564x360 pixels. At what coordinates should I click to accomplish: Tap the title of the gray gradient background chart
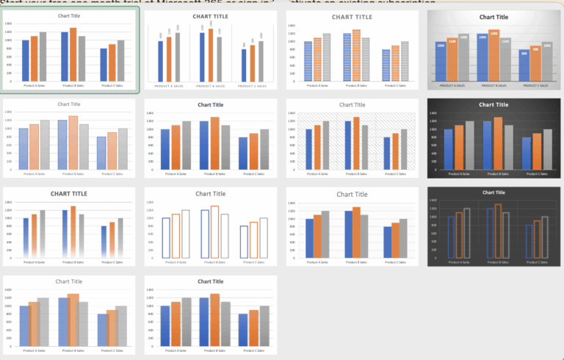492,16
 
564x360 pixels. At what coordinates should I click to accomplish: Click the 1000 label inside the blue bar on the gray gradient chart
441,46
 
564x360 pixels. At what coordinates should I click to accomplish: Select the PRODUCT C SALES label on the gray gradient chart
535,85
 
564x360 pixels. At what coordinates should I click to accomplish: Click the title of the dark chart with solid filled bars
492,105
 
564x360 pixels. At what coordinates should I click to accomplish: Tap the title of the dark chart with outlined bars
492,192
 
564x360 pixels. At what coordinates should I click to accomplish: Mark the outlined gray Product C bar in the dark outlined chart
544,237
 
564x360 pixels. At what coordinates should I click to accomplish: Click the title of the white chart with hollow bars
211,194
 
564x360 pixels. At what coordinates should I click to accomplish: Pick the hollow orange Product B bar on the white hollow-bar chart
214,231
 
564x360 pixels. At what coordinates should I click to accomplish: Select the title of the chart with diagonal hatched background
352,105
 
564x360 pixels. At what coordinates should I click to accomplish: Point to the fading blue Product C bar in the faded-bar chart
103,242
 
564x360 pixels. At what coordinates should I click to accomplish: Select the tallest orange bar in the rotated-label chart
211,54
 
